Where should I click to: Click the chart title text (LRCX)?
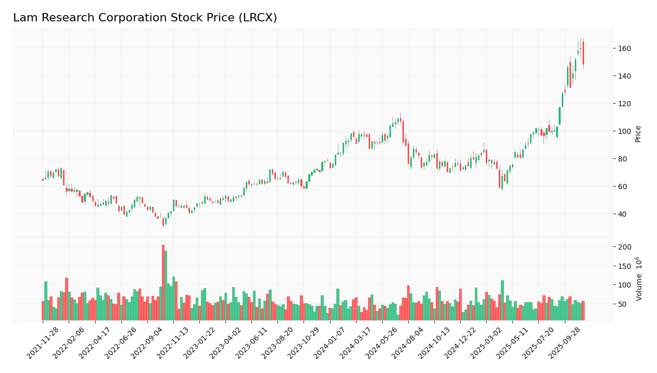pos(145,18)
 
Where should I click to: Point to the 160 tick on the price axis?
pos(624,48)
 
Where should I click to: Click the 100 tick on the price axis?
pos(624,131)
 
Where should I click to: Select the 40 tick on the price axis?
pos(622,214)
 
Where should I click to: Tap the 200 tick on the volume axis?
pos(624,247)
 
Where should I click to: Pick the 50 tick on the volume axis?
pos(622,304)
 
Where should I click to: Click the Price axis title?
pos(638,134)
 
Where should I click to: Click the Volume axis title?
pos(639,278)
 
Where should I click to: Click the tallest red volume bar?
pos(163,282)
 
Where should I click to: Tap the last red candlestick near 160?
pos(583,53)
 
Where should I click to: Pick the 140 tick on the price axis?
pos(624,76)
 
